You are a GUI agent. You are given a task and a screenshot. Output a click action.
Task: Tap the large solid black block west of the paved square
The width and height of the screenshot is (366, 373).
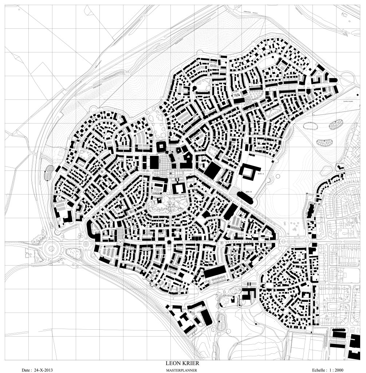[x=154, y=162]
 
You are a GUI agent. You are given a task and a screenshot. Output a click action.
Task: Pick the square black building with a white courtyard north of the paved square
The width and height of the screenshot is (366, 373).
[x=161, y=147]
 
